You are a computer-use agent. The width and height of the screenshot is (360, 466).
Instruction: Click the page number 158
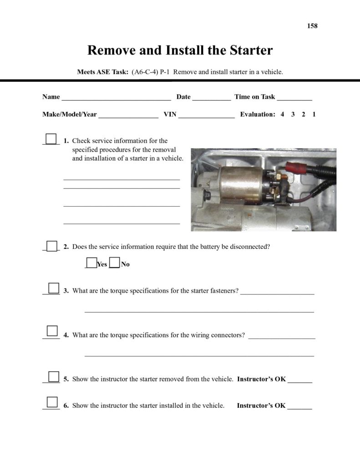click(312, 26)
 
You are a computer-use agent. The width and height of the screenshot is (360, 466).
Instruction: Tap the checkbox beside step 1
click(52, 139)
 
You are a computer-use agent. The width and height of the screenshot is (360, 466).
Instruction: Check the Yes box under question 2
click(91, 263)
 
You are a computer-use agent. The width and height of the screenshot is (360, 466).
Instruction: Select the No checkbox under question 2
click(115, 263)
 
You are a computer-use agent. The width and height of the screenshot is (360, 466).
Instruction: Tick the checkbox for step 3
click(54, 288)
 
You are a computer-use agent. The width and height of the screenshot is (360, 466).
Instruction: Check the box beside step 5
click(54, 376)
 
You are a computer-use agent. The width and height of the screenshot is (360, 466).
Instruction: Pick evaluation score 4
click(282, 114)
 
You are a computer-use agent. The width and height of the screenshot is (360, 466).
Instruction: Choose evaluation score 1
click(314, 114)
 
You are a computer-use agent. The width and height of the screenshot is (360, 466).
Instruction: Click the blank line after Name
click(116, 97)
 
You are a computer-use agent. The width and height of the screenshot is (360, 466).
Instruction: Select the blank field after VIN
click(206, 115)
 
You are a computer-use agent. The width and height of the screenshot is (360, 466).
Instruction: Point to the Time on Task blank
click(294, 97)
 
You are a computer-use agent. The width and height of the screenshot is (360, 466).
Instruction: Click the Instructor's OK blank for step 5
click(300, 380)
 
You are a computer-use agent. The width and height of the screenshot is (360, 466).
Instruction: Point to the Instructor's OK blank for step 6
click(300, 406)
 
